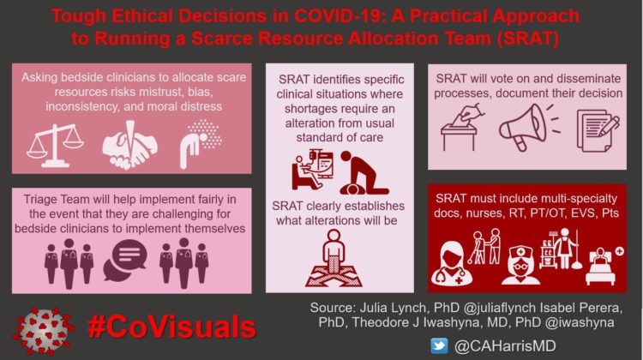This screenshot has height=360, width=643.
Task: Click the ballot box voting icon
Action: pos(463,129)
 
